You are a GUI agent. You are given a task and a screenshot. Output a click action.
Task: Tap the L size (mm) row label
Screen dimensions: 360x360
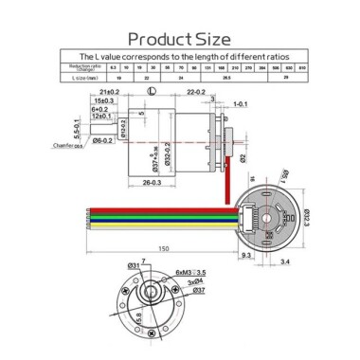click(x=82, y=77)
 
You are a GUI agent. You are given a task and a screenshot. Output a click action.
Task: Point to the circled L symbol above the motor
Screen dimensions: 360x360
click(x=152, y=91)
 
